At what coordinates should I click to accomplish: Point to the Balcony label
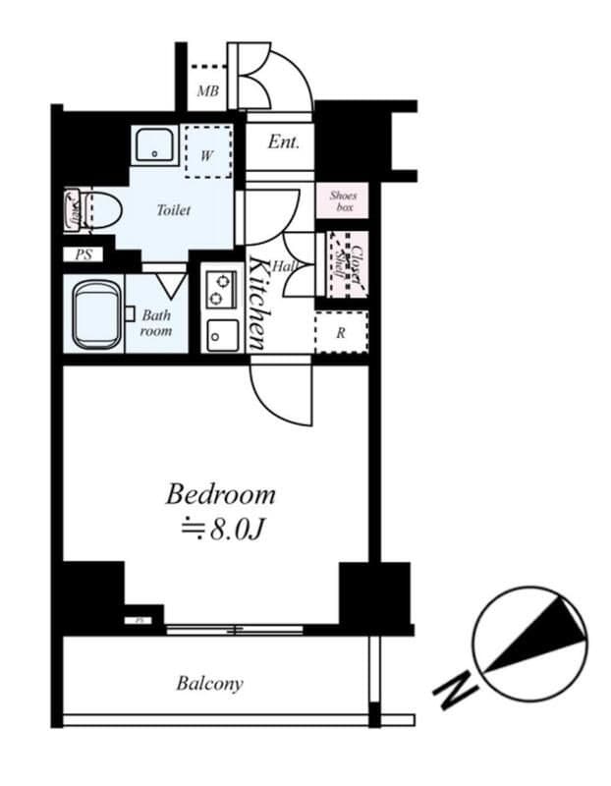[209, 683]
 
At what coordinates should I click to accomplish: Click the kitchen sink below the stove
[220, 335]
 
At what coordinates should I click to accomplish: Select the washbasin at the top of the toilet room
[152, 146]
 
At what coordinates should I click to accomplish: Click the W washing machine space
[208, 154]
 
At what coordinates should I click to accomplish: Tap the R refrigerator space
[341, 332]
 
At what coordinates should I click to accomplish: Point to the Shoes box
[342, 202]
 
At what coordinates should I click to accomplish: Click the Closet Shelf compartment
[346, 264]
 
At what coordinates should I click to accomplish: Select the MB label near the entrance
[206, 93]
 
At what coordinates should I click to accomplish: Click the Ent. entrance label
[284, 141]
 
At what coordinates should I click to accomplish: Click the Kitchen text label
[257, 303]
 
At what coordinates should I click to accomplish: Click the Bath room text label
[156, 322]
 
